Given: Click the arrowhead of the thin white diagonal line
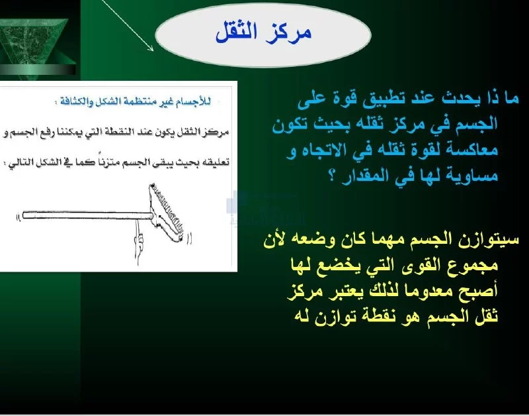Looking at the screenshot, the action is click(x=151, y=48).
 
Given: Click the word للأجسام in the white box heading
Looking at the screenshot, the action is click(x=196, y=101).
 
